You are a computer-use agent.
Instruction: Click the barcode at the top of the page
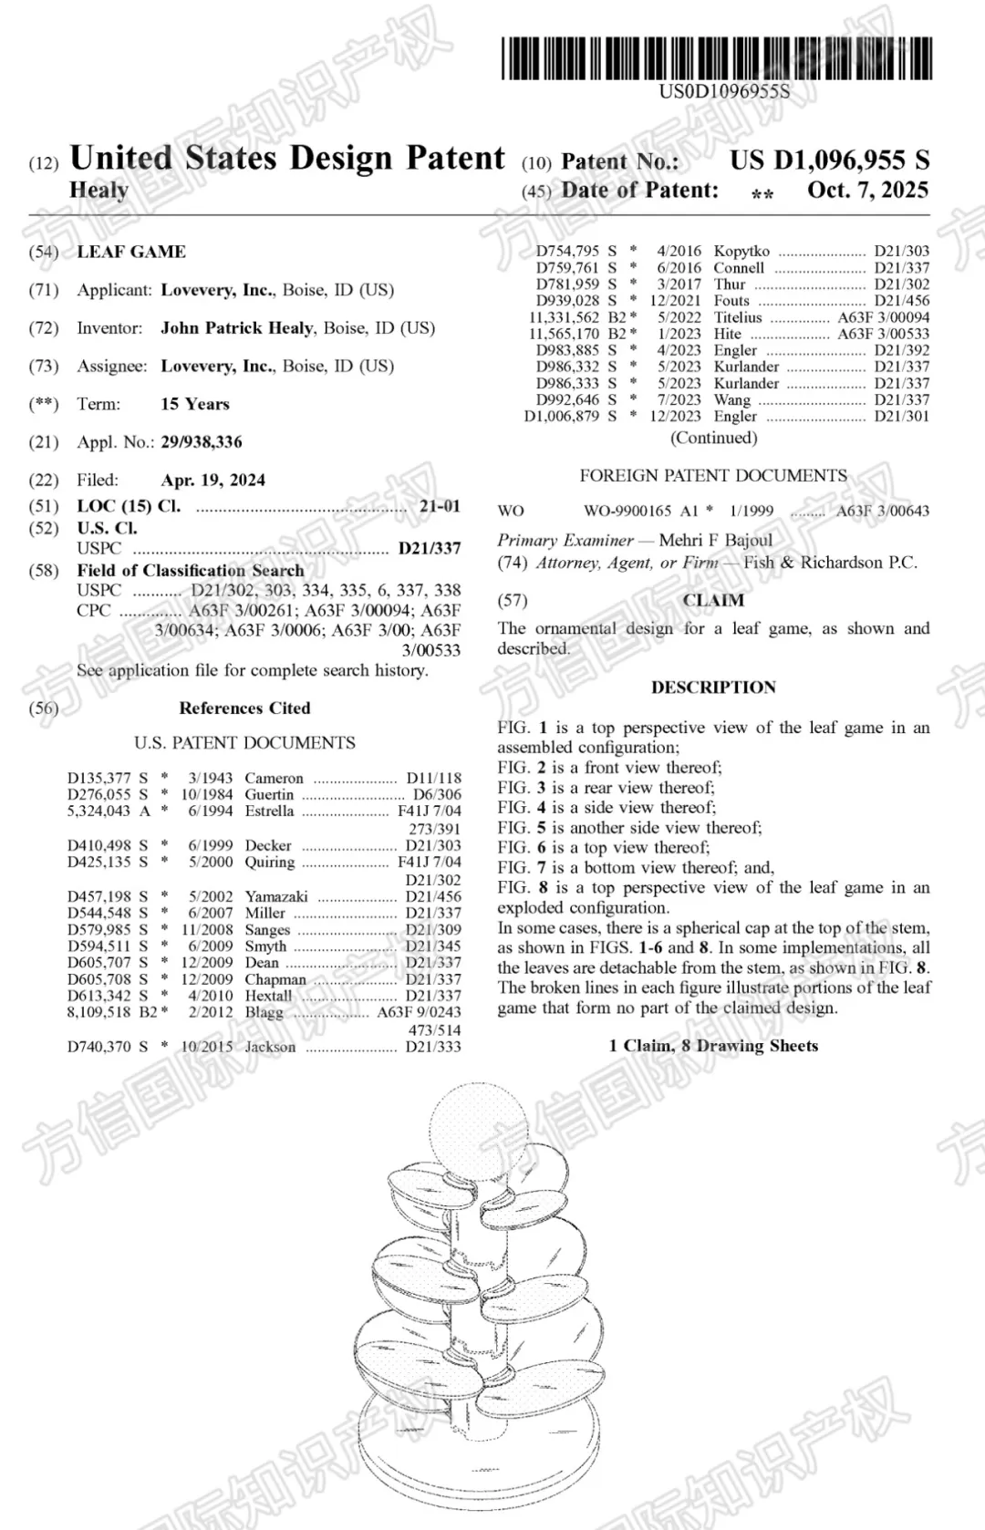[716, 57]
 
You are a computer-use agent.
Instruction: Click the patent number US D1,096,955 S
[829, 160]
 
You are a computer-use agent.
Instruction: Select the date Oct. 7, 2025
[867, 191]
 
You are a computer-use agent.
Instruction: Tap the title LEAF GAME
[131, 252]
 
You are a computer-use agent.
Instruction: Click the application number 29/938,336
[202, 442]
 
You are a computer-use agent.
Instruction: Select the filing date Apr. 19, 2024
[213, 481]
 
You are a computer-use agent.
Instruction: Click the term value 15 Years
[195, 404]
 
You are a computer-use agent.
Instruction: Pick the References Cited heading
[244, 708]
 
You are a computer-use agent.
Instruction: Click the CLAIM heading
[713, 600]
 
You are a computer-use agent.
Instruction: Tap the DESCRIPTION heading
[713, 687]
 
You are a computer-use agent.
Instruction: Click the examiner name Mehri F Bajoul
[715, 540]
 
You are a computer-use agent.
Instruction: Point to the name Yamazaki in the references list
[276, 897]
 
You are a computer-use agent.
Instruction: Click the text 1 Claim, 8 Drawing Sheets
[713, 1046]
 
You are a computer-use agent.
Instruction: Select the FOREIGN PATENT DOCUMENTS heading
[713, 476]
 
